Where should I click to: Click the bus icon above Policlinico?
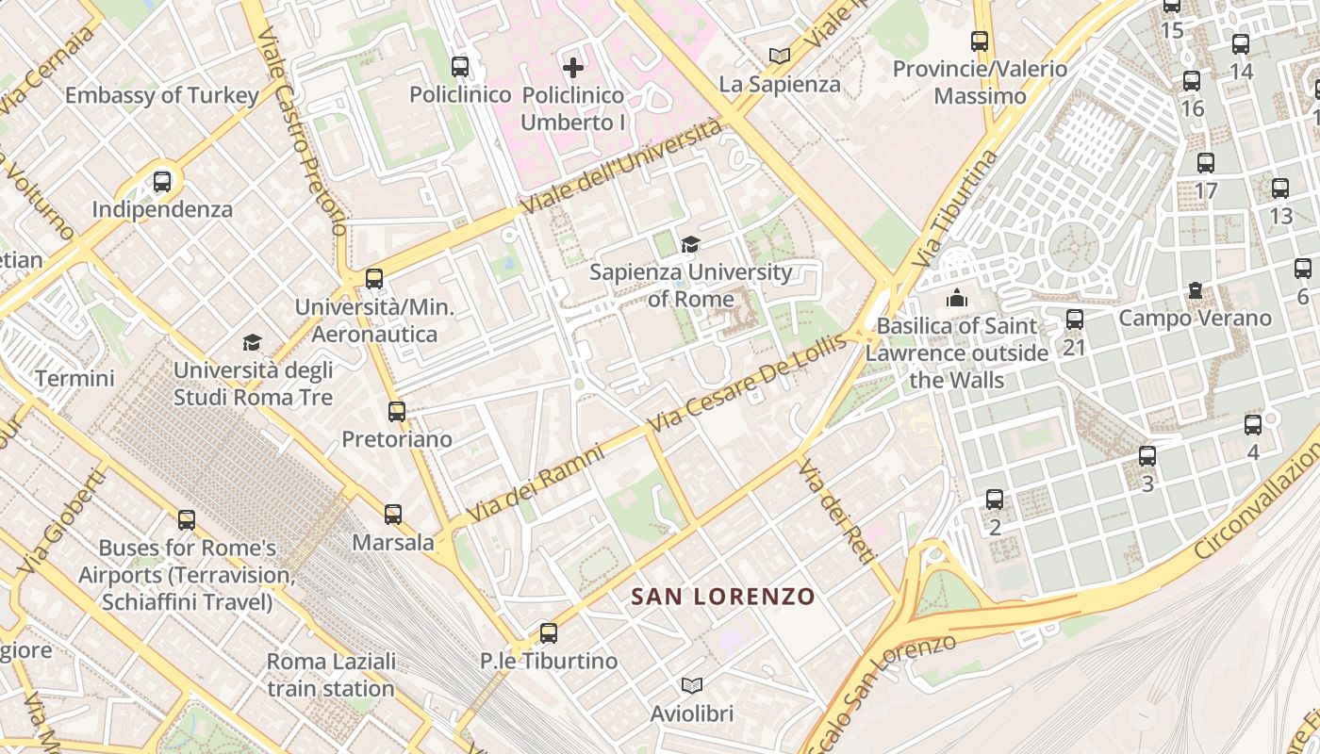[460, 67]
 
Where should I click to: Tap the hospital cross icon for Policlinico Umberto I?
[572, 68]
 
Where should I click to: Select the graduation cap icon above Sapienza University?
[691, 245]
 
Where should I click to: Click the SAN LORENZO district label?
[722, 597]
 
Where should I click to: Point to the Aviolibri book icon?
[692, 686]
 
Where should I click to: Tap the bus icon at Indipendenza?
[162, 181]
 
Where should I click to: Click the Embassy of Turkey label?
[161, 95]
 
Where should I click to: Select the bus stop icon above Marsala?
[393, 515]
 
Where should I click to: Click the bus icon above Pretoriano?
[397, 412]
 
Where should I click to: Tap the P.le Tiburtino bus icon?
[549, 633]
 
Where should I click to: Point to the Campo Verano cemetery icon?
[1196, 290]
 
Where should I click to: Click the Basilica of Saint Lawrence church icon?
[957, 298]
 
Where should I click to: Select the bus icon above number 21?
[1075, 320]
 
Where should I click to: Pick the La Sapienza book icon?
[779, 57]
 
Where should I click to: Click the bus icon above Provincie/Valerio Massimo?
[980, 41]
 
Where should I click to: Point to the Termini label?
[74, 379]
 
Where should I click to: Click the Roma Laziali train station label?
[330, 675]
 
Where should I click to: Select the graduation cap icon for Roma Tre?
[252, 342]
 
